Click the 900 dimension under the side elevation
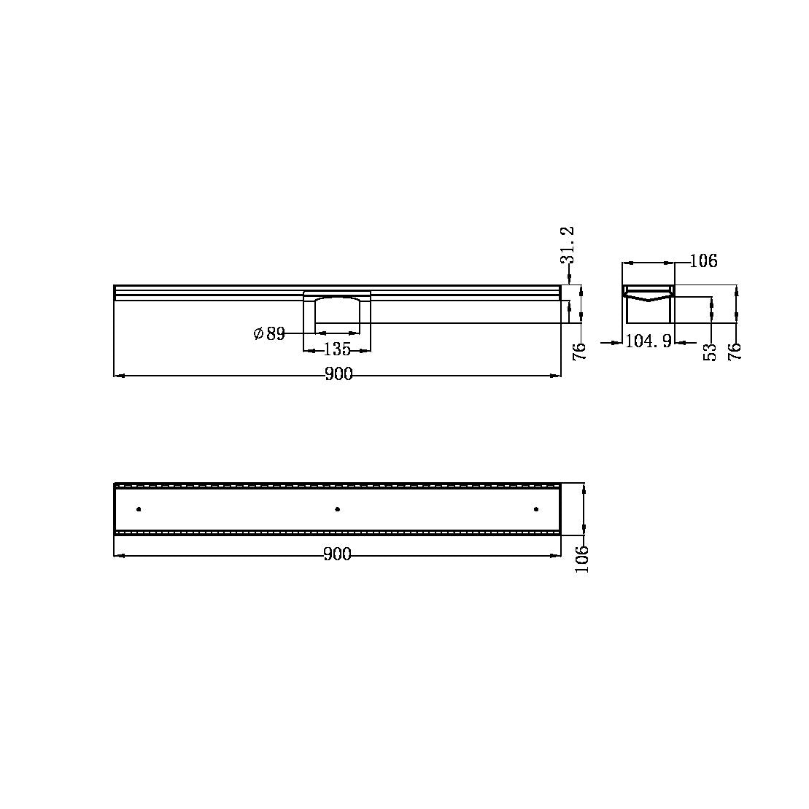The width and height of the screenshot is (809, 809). point(338,375)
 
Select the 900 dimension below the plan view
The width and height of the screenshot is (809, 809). point(337,555)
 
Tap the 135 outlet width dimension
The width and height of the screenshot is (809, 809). point(337,349)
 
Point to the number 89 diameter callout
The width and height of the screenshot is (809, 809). point(275,334)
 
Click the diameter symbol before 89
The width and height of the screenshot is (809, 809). point(258,334)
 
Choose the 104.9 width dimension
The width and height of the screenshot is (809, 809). point(649,341)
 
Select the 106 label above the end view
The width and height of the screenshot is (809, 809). point(703,261)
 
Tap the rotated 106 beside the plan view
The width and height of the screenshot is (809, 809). point(581,559)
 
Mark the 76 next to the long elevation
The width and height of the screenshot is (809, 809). point(580,352)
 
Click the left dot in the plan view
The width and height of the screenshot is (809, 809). point(139,508)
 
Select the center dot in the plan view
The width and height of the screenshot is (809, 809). point(337,508)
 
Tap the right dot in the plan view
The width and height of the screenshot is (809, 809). point(535,508)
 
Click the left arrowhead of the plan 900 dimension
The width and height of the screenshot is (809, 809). point(118,555)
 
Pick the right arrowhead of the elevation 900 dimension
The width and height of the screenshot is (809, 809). point(557,375)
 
